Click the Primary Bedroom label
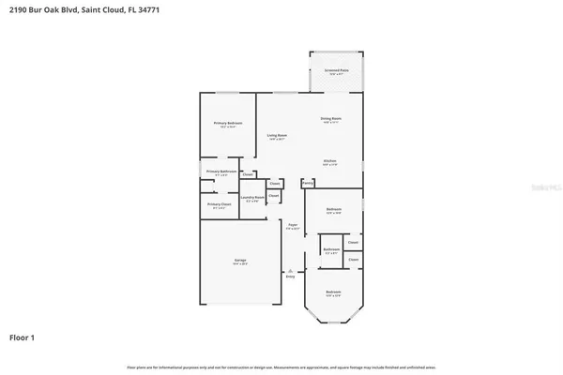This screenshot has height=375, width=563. [x=228, y=124]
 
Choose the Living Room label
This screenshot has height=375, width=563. [x=276, y=136]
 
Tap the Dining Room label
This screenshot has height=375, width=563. [x=331, y=119]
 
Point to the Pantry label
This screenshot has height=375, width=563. [x=308, y=183]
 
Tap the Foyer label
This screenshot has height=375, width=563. [x=293, y=225]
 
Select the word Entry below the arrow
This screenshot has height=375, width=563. [x=290, y=277]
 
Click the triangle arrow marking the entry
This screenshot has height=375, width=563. [x=290, y=271]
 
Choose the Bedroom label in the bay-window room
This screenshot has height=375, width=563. [x=333, y=292]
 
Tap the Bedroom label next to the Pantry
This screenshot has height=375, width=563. [x=334, y=208]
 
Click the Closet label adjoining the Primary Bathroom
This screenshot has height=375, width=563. [x=248, y=173]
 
